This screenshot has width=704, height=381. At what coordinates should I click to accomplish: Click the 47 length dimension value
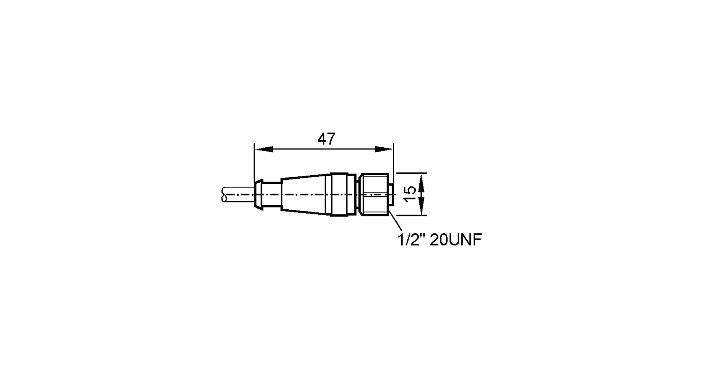326,139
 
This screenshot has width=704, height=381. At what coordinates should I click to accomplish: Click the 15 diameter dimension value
410,194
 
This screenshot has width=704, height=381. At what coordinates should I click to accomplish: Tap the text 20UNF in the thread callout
455,240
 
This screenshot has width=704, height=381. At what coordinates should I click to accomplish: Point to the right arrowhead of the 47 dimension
384,149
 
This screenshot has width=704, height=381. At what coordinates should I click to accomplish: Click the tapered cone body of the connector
306,194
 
